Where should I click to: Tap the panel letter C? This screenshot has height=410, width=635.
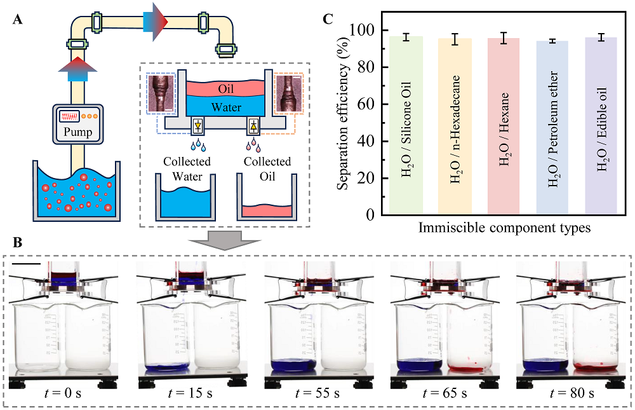click(328, 18)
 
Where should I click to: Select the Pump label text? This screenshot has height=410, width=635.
click(78, 133)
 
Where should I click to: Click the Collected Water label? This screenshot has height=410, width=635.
click(187, 167)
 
